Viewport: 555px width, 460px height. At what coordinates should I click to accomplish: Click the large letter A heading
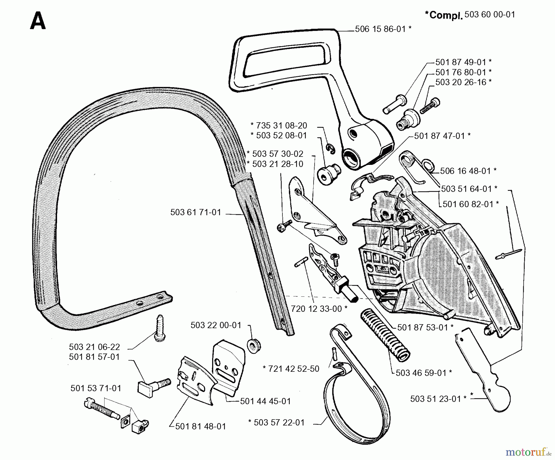click(x=38, y=22)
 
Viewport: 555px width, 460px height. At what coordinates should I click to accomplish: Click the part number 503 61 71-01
click(x=195, y=212)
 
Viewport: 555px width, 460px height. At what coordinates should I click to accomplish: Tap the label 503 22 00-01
click(x=216, y=325)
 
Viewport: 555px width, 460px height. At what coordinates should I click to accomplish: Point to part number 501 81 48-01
click(x=200, y=426)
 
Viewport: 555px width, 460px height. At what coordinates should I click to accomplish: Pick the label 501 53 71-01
click(x=96, y=388)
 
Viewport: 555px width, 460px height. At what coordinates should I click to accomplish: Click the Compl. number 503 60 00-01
click(x=490, y=15)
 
